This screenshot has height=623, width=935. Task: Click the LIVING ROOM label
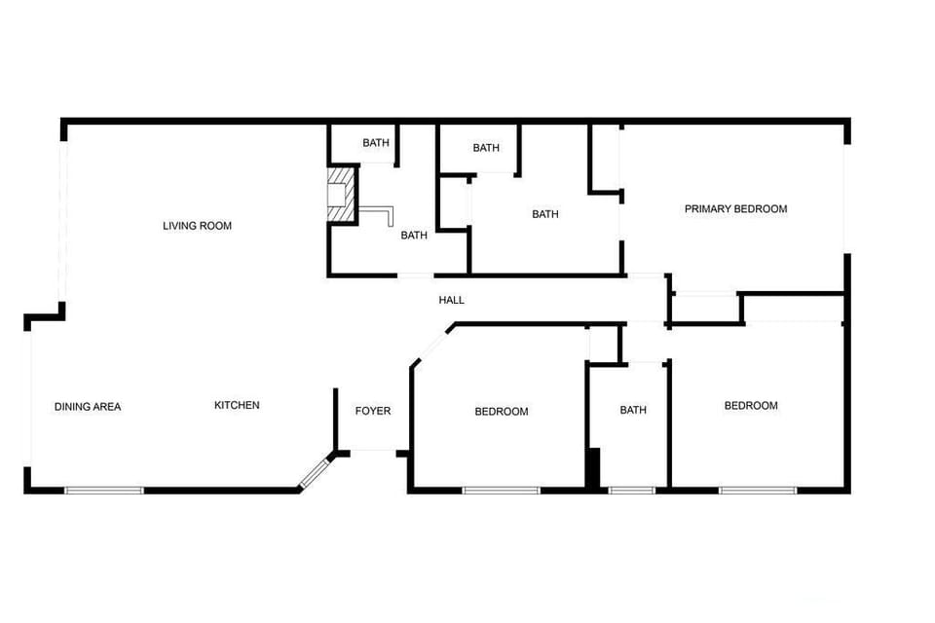click(197, 226)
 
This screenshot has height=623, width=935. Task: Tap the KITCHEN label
click(237, 405)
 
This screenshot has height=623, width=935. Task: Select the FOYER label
click(372, 411)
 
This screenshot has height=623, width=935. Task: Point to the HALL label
click(451, 300)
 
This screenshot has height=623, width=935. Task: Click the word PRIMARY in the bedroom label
click(709, 209)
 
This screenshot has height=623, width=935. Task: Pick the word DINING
click(73, 407)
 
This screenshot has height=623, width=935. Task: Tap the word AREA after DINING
click(107, 407)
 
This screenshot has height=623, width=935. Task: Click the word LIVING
click(180, 226)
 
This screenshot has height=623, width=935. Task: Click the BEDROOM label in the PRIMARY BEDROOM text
click(762, 209)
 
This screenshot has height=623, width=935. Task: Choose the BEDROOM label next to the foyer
click(502, 412)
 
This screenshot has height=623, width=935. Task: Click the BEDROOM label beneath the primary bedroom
click(751, 406)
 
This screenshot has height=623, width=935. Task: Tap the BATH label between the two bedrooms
click(633, 410)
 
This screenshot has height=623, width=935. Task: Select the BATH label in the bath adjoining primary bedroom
click(545, 214)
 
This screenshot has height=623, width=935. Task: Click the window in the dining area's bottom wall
click(104, 490)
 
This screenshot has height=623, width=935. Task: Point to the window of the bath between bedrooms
click(631, 490)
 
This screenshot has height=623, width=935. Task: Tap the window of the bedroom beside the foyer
click(501, 490)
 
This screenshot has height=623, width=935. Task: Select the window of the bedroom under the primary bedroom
click(758, 490)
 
